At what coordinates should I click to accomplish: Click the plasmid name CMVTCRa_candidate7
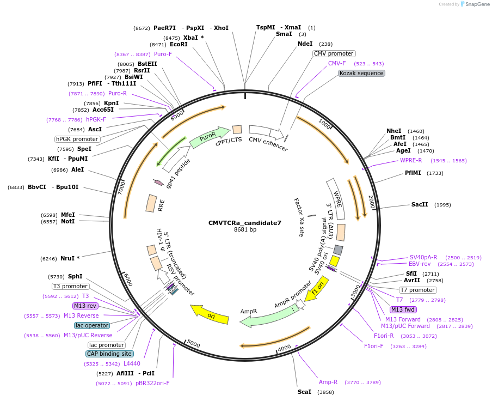coord(245,223)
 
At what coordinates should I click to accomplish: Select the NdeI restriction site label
coord(305,44)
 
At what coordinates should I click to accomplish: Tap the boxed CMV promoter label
coord(334,53)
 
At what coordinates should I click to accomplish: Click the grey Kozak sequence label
coord(361,73)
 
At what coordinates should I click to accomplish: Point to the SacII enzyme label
coord(420,205)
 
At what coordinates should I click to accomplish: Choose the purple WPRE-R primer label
coord(411,161)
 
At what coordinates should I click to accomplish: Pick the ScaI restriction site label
coord(304,392)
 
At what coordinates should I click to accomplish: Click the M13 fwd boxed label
coord(403,310)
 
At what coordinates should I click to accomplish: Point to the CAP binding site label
coord(109,354)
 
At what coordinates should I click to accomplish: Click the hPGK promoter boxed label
coord(77,139)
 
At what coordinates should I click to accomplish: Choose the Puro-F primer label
coord(163,54)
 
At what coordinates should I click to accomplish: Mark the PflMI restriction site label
coord(413,173)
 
